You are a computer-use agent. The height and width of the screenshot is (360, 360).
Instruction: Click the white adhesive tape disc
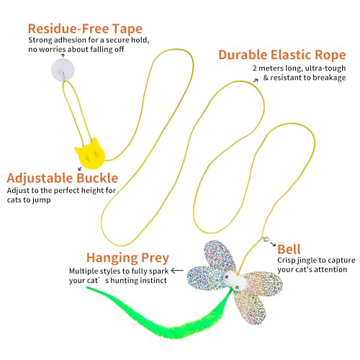63,70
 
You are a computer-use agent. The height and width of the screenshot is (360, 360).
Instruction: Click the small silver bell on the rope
266,239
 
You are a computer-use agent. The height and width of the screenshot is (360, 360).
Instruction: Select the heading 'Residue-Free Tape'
85,29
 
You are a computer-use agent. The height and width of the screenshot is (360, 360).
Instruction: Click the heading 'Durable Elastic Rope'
282,55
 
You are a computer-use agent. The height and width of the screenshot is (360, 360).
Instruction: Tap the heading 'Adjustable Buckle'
63,178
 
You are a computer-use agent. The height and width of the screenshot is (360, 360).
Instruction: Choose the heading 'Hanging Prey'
127,258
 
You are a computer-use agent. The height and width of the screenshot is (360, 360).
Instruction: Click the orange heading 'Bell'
289,249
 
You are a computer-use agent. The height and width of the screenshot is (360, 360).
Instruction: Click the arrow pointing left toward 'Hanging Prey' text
177,271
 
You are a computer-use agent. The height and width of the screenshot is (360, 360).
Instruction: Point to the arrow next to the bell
273,244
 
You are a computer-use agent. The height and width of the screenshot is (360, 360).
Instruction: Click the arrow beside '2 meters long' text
256,81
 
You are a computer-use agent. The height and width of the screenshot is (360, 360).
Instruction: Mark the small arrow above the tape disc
63,55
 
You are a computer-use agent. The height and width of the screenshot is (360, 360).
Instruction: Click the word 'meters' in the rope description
271,68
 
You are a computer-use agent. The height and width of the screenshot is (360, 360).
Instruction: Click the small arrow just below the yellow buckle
80,169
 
